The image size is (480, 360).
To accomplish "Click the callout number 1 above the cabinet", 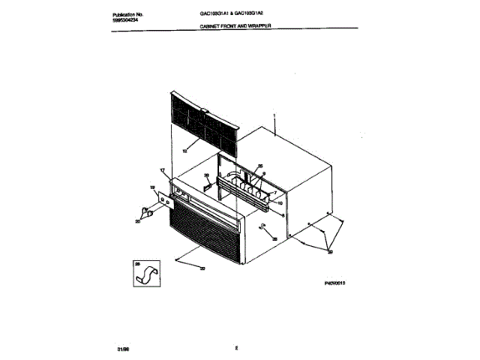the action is tap(274, 117).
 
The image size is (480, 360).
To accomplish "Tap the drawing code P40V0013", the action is tap(337, 284).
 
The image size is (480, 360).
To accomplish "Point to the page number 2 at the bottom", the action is tap(235, 347).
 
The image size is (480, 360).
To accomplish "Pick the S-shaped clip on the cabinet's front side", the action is tap(262, 227).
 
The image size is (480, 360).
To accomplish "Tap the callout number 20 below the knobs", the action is tap(138, 222).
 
